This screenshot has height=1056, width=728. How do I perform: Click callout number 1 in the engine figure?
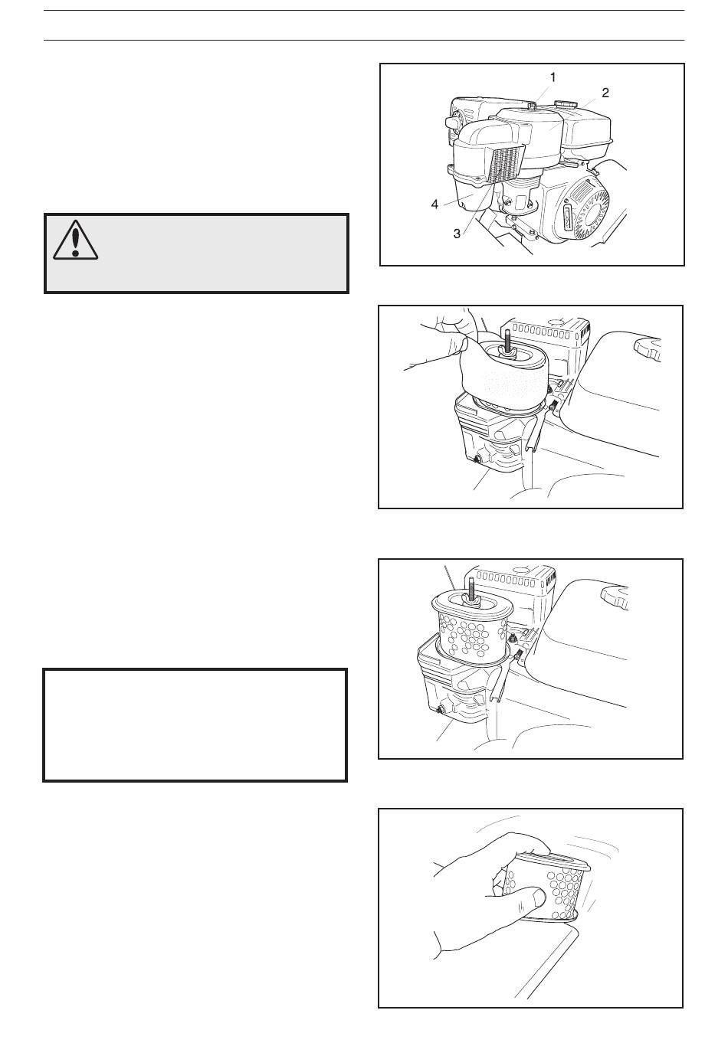553,77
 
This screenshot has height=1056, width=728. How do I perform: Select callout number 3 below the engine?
457,233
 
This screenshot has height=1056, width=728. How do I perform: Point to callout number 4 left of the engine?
435,204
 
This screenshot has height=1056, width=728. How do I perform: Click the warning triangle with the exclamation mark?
75,240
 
